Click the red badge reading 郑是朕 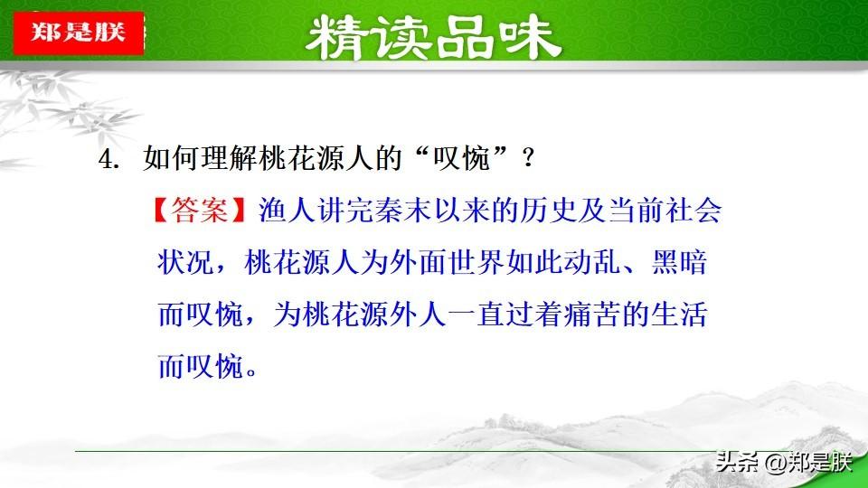79,33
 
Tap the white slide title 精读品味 433,38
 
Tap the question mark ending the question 528,159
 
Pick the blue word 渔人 287,211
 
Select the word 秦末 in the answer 403,211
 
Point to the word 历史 548,211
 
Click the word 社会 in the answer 693,211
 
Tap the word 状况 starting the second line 186,262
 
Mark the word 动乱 592,262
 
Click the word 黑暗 679,262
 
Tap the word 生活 679,314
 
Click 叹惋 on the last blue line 215,366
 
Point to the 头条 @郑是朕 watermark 784,462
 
